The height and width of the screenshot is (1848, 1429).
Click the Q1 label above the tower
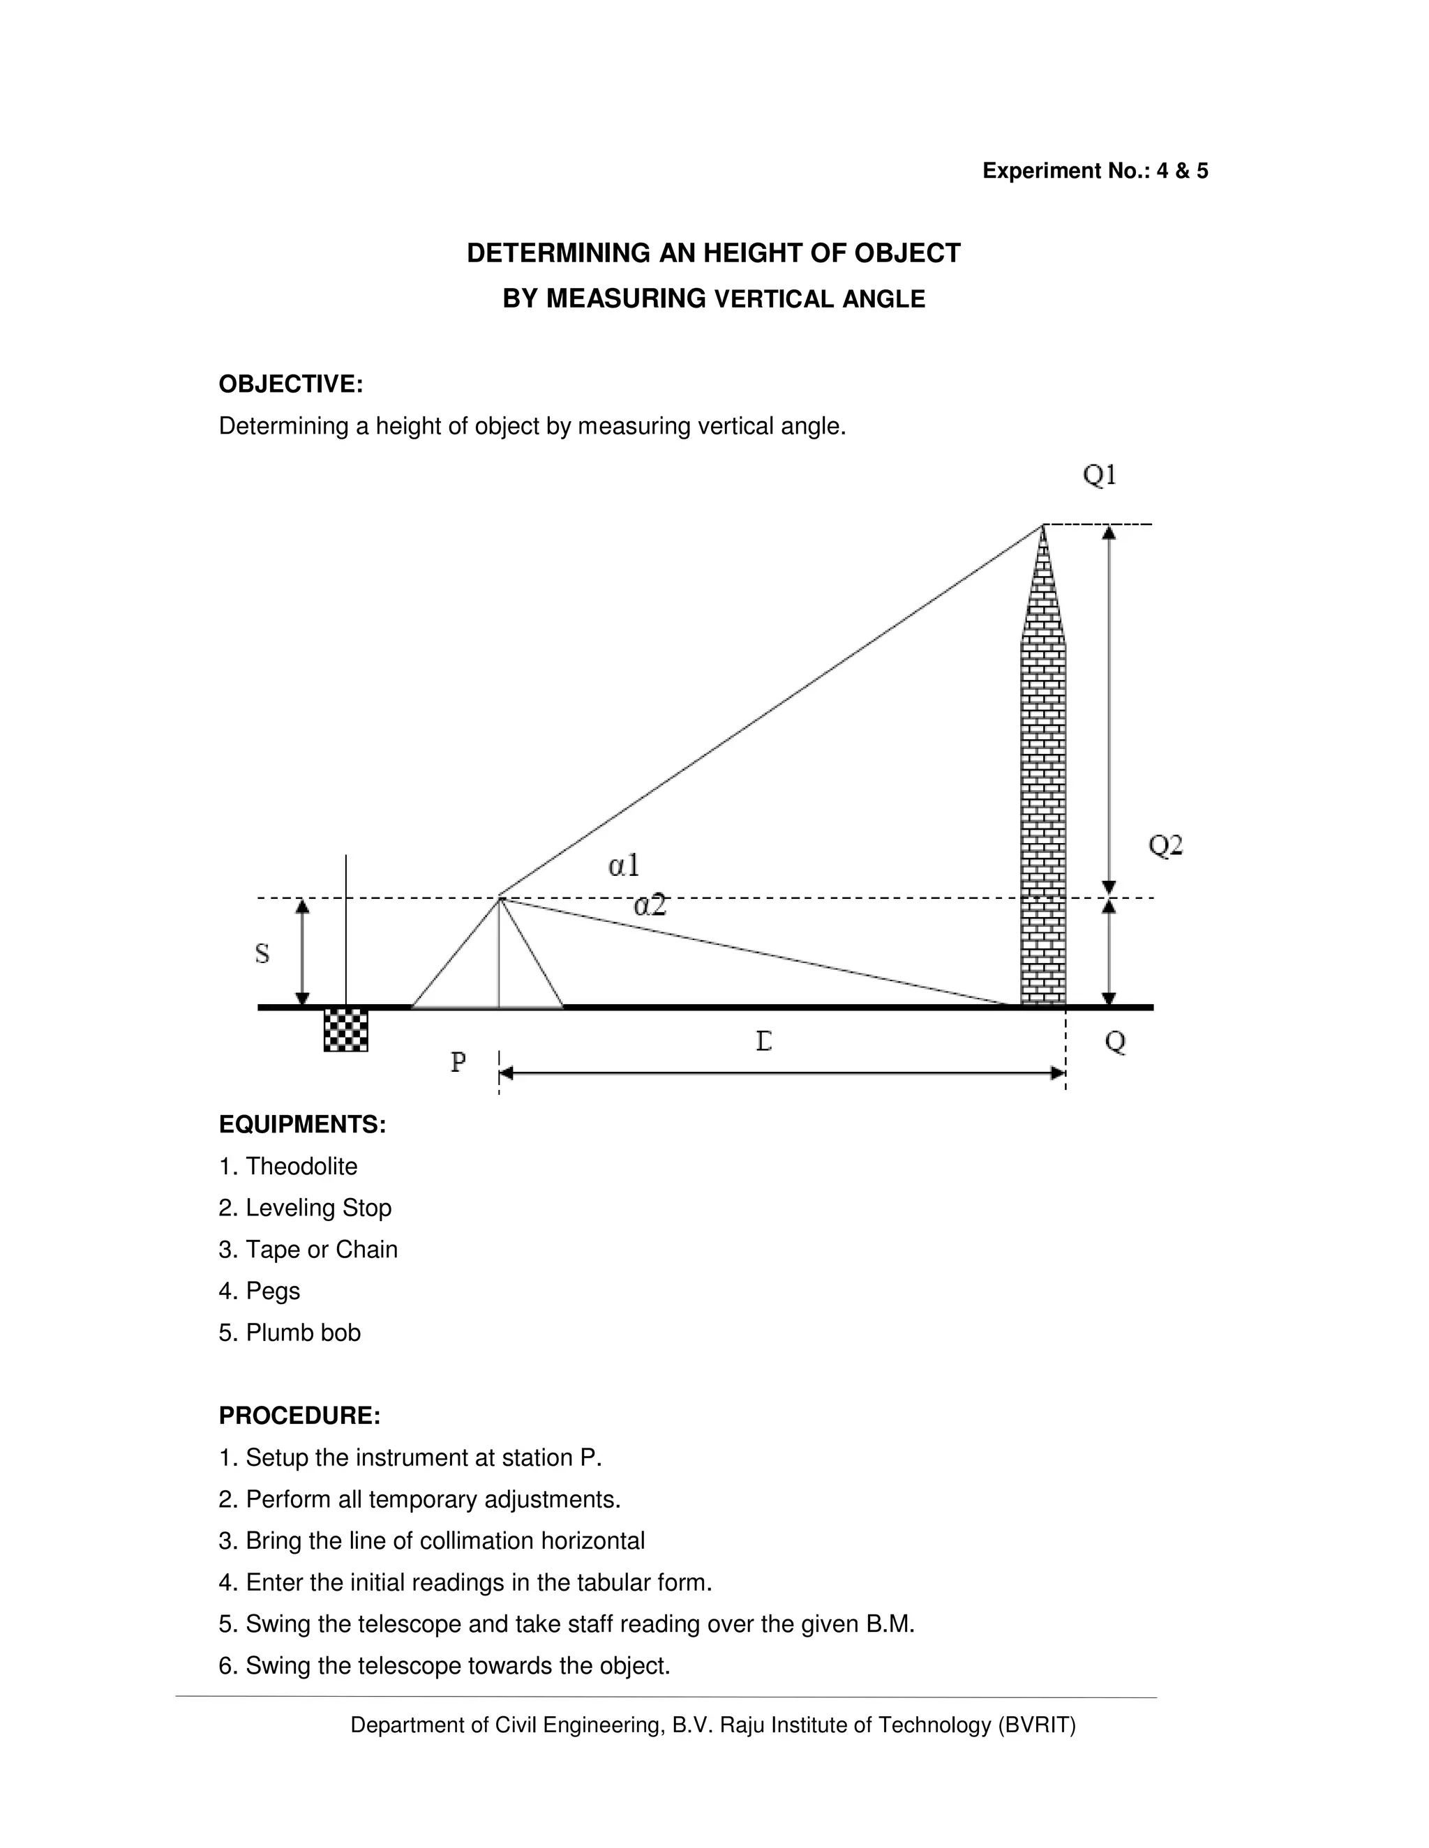(x=1100, y=476)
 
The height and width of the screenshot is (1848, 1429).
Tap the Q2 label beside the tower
(x=1165, y=845)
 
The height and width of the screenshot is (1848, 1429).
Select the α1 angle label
(x=624, y=865)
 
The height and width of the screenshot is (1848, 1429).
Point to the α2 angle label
(x=650, y=907)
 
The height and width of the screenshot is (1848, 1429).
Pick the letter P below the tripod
(x=458, y=1061)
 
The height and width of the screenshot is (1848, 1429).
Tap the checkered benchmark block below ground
(x=345, y=1030)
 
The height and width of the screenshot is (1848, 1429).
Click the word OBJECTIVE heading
(x=290, y=384)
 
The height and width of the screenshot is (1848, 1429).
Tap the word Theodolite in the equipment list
(x=301, y=1166)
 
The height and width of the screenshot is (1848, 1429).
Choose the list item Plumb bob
(x=302, y=1333)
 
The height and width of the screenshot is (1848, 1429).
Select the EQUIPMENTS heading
(x=302, y=1125)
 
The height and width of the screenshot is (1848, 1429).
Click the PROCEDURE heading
(x=299, y=1416)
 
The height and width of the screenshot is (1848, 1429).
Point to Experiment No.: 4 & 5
(x=1095, y=171)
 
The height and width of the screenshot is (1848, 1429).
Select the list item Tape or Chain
(x=321, y=1250)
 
